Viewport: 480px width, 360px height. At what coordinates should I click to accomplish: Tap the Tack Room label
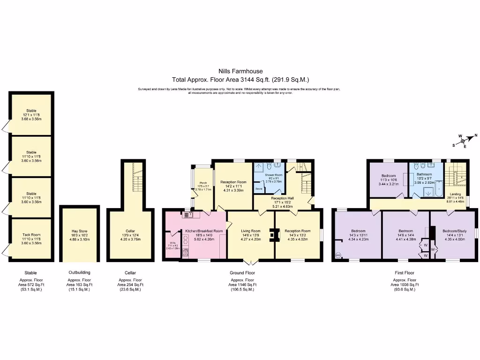click(x=31, y=235)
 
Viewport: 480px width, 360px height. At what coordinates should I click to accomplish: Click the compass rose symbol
click(x=462, y=140)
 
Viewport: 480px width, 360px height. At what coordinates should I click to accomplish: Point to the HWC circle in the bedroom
click(x=338, y=255)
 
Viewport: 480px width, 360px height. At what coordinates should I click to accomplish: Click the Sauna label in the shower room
click(x=259, y=188)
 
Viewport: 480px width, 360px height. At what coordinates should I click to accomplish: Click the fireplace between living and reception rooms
click(x=273, y=234)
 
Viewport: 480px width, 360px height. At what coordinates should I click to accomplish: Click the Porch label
click(x=203, y=183)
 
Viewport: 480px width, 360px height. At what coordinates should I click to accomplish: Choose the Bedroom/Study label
click(x=453, y=231)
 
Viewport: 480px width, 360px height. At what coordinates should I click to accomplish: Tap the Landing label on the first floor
click(x=455, y=194)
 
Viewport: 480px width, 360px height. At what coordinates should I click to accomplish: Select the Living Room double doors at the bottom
click(x=251, y=261)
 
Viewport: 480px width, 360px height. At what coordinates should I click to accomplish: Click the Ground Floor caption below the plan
click(x=242, y=272)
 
